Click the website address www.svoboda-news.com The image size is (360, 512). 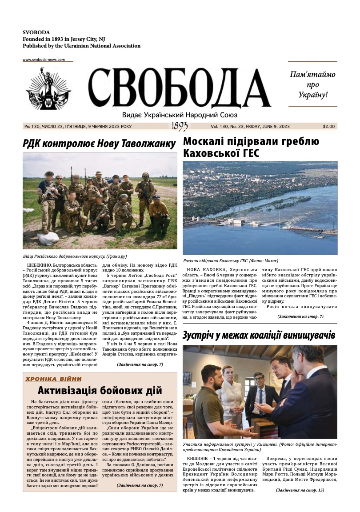[x=44, y=60]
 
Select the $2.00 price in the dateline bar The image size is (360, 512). [x=329, y=127]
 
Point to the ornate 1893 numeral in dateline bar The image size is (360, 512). [x=180, y=127]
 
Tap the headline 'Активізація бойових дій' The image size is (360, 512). [x=100, y=391]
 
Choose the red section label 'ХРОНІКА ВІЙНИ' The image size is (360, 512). [x=53, y=379]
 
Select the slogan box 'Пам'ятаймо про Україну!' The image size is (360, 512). [x=312, y=84]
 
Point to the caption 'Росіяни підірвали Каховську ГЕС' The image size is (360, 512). [x=230, y=260]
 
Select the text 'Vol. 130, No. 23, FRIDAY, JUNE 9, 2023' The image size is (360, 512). [x=250, y=127]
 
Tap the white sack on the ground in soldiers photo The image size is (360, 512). [x=48, y=239]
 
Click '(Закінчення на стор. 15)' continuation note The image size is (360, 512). [x=300, y=490]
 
